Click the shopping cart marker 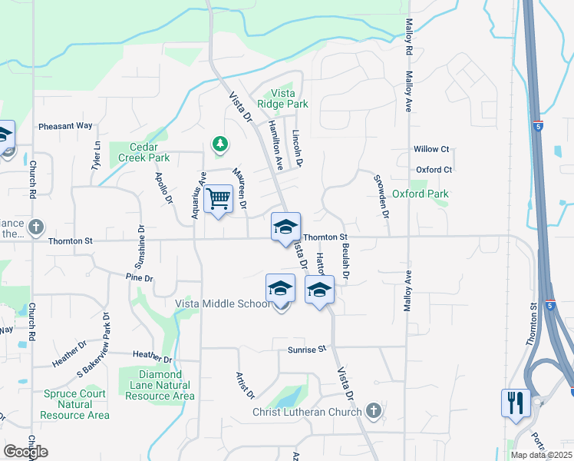point(219,200)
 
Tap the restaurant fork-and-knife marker point(515,403)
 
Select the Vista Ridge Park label point(283,98)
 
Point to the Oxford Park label point(420,194)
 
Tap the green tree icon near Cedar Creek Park point(220,144)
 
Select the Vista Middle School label point(223,303)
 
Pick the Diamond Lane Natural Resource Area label point(157,390)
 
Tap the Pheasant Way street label point(65,126)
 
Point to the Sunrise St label point(307,349)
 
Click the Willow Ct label point(431,149)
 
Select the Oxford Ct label point(434,170)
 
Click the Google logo point(25,451)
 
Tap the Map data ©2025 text point(539,455)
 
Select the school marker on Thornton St point(285,227)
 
